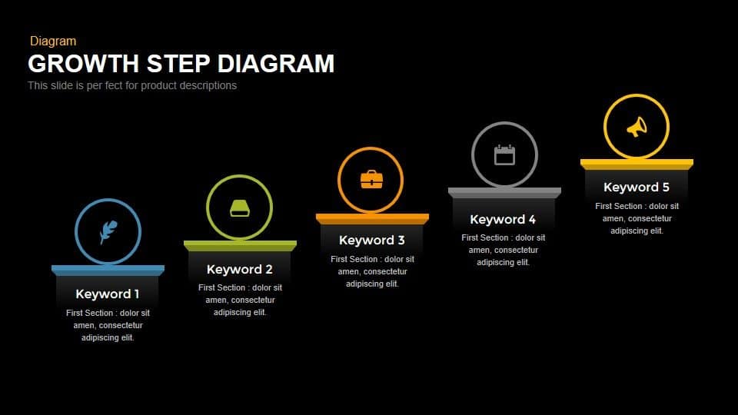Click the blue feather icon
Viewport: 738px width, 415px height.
pyautogui.click(x=108, y=231)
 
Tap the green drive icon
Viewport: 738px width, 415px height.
pyautogui.click(x=239, y=207)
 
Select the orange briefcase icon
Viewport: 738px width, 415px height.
pyautogui.click(x=371, y=180)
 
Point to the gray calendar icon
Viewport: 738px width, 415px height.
pyautogui.click(x=504, y=154)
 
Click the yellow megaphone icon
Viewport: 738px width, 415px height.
pyautogui.click(x=637, y=127)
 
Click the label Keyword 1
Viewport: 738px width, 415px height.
pyautogui.click(x=108, y=294)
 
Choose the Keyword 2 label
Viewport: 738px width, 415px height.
pyautogui.click(x=240, y=269)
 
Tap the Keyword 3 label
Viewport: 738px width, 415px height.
pyautogui.click(x=372, y=241)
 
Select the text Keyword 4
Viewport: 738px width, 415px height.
pyautogui.click(x=503, y=219)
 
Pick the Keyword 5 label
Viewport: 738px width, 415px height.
pyautogui.click(x=637, y=187)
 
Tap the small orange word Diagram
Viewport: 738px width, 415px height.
pyautogui.click(x=53, y=41)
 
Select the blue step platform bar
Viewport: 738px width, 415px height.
pyautogui.click(x=108, y=270)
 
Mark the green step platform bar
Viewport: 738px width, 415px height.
pyautogui.click(x=240, y=245)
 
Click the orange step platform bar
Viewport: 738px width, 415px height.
pyautogui.click(x=372, y=218)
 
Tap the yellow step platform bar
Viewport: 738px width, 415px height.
pyautogui.click(x=637, y=164)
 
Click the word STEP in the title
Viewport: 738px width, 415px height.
pyautogui.click(x=178, y=63)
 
